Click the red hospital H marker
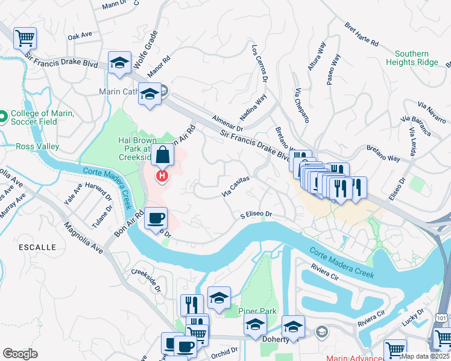[x=162, y=176]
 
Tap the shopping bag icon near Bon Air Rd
[x=163, y=155]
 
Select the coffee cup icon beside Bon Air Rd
[x=156, y=217]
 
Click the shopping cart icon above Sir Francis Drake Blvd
[x=25, y=39]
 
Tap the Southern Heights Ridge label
[x=420, y=58]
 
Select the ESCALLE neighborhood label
[x=37, y=247]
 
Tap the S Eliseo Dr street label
[x=257, y=214]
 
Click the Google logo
[x=20, y=354]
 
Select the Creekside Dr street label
[x=148, y=280]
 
